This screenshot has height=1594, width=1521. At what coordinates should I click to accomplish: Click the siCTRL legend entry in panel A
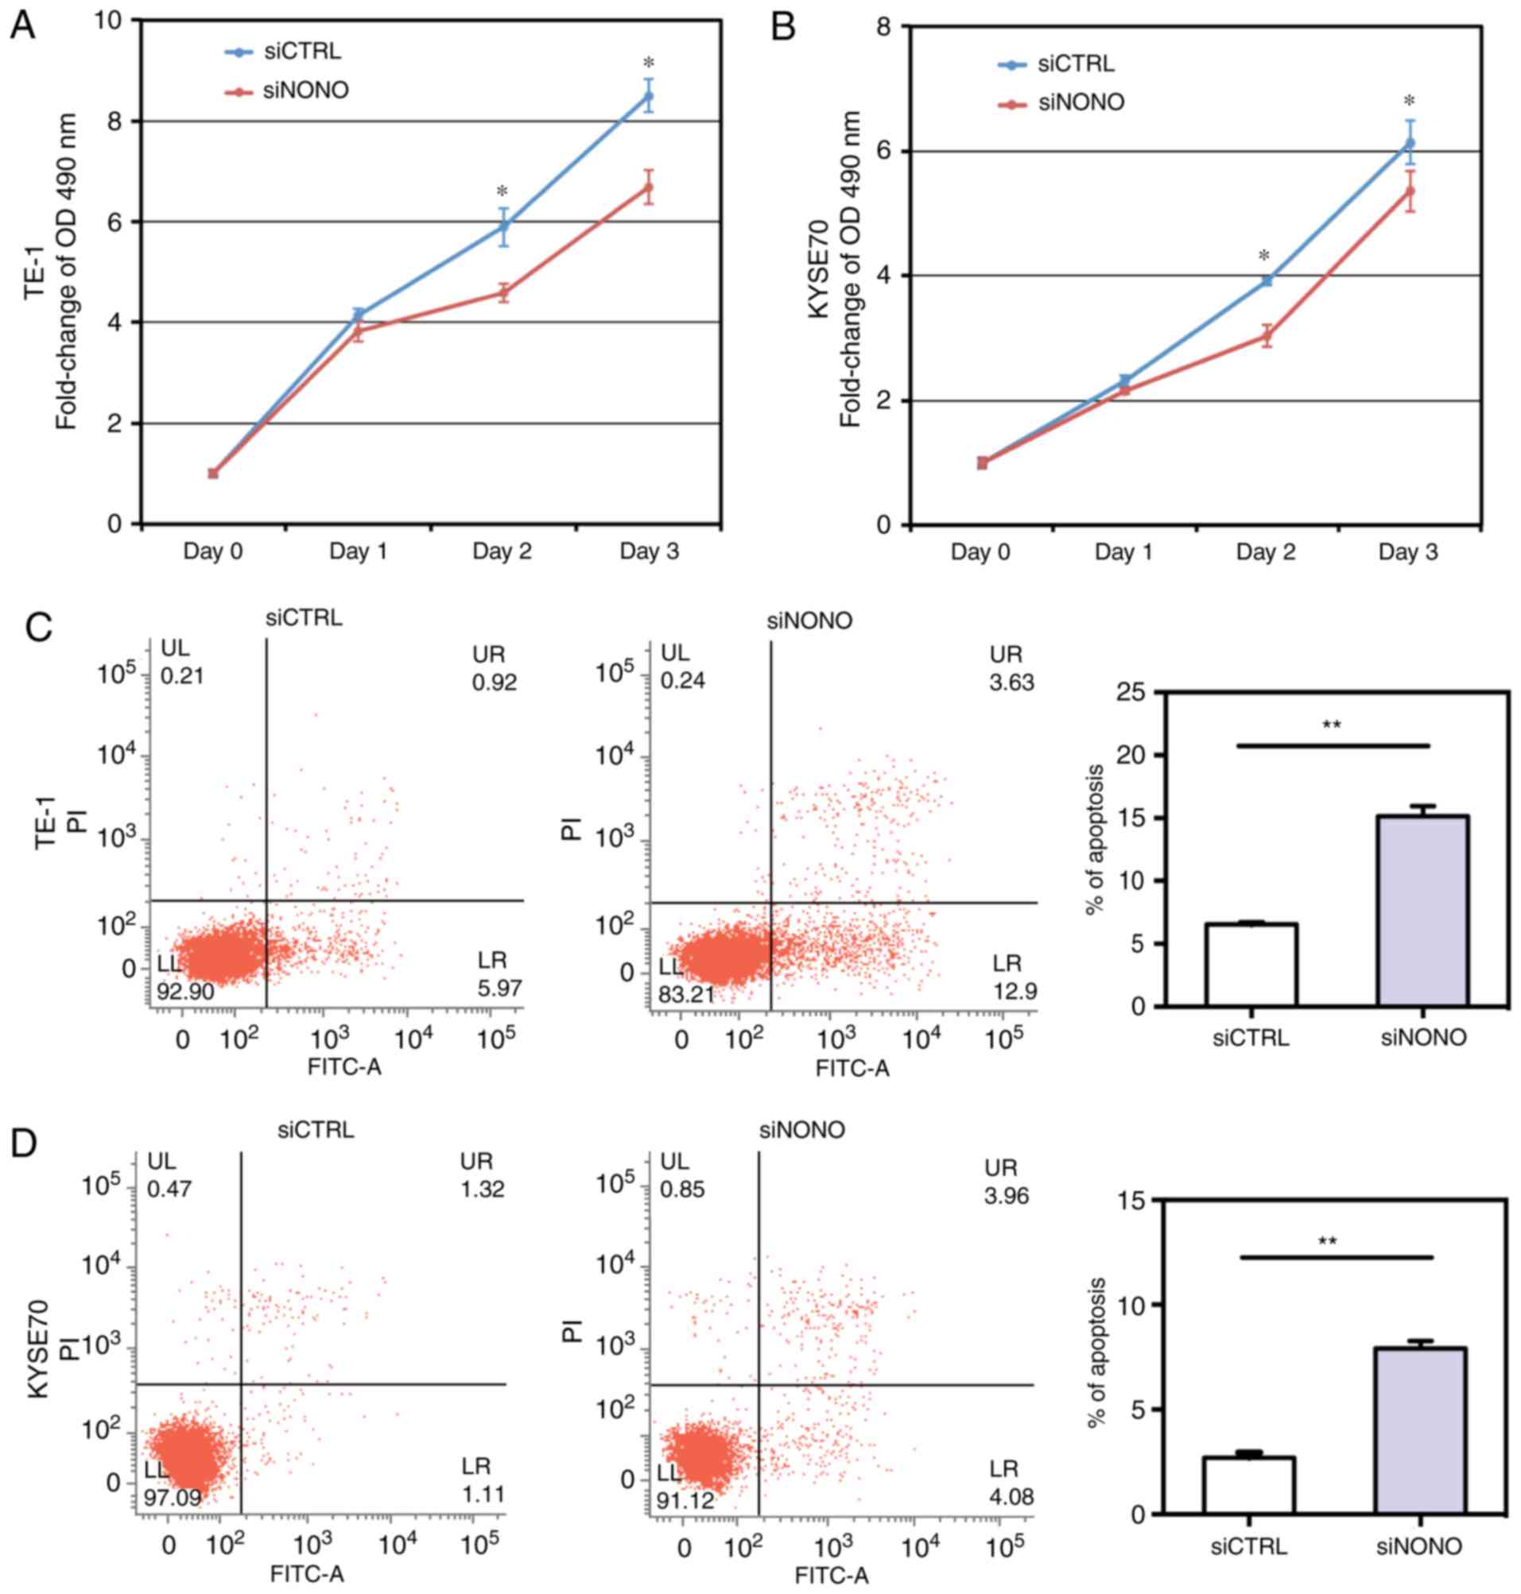(301, 51)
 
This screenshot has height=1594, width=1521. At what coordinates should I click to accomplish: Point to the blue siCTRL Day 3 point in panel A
(648, 96)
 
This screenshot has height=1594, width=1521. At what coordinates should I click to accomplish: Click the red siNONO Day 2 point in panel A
(503, 292)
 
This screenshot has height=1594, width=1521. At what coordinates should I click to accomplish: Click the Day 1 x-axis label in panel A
(359, 552)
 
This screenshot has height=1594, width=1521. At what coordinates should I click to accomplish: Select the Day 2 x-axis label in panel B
(1266, 553)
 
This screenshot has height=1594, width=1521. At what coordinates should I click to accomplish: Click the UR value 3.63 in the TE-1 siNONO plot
(1012, 683)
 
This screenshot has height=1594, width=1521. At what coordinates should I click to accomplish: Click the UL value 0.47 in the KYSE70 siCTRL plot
(169, 1189)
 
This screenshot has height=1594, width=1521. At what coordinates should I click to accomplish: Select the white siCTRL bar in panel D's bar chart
(1248, 1483)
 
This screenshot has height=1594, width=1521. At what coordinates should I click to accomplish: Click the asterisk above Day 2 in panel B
(1264, 256)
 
